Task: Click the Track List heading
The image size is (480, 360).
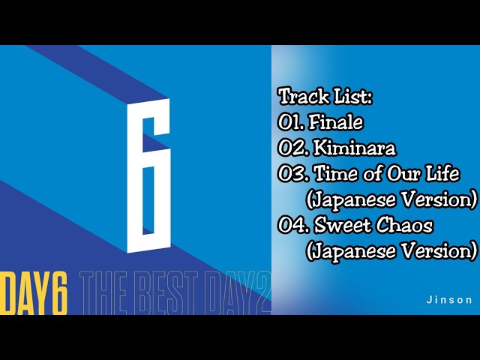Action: click(325, 97)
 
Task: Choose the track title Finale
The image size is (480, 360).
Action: click(336, 122)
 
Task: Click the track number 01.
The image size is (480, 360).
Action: click(291, 122)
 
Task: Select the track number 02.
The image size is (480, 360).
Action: click(292, 148)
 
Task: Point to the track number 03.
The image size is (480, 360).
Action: click(292, 174)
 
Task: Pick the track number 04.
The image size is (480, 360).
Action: click(292, 224)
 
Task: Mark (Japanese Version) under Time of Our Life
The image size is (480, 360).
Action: click(391, 199)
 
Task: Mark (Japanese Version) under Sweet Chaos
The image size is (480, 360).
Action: click(391, 250)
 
